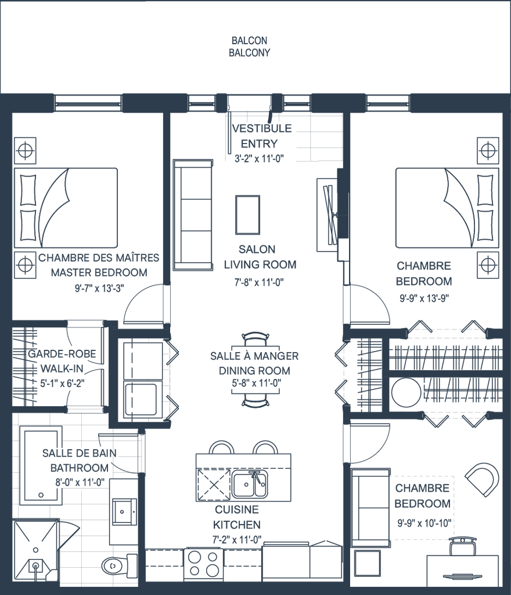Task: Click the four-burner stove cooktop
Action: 204,562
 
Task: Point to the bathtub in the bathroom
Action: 41,465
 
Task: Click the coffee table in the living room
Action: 247,214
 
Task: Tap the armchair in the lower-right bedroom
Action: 482,478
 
